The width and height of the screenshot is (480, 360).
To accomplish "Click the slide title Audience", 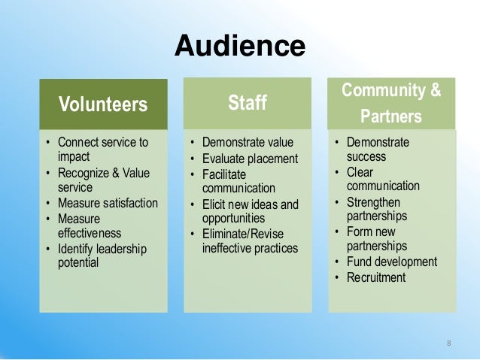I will (239, 47).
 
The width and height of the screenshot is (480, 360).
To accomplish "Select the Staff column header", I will (248, 101).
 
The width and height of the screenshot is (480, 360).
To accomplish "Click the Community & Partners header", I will (391, 104).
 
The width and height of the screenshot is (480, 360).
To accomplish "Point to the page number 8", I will (448, 343).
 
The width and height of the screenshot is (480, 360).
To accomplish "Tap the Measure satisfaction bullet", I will (108, 203).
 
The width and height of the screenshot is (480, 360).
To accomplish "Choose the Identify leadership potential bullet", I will (102, 256).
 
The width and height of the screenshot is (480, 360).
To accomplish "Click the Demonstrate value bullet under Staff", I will (248, 142).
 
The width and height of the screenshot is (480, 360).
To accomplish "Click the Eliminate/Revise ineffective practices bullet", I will (251, 241).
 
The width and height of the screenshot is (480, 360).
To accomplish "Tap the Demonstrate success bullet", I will (377, 150).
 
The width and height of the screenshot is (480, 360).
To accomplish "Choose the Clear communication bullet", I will (382, 179).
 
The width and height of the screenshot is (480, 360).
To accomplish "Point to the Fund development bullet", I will (391, 262).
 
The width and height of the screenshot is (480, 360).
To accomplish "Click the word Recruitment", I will (375, 277).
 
